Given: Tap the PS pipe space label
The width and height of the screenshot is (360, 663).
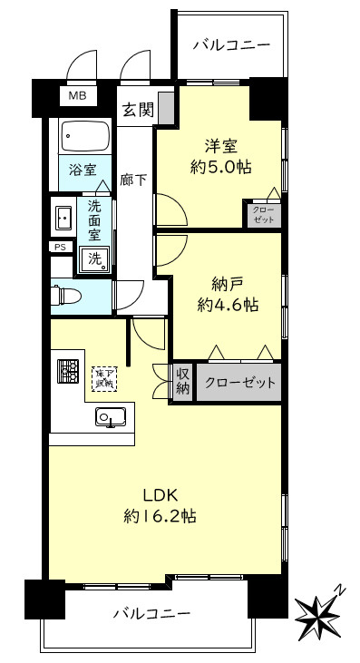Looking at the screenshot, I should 59,247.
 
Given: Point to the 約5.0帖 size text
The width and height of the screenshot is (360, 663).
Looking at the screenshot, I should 221,167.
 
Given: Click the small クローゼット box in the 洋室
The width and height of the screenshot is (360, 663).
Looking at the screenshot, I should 263,214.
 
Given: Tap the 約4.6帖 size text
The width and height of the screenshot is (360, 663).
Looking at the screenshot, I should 227,306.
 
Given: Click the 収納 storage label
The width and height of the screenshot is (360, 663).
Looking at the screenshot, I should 181,381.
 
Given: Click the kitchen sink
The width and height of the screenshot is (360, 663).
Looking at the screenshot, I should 110,417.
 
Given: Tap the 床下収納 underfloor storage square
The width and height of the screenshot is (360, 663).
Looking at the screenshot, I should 106,376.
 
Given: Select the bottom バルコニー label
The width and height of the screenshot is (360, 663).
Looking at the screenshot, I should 151,614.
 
